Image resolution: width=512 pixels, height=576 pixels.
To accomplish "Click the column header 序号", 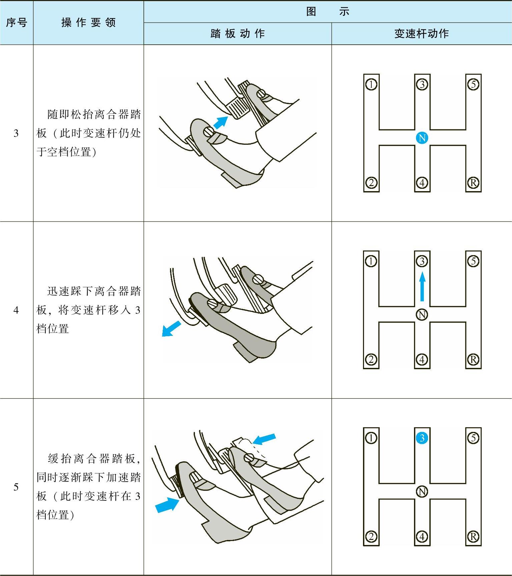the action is click(16, 23).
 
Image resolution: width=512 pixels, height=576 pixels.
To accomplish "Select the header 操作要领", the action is click(88, 23).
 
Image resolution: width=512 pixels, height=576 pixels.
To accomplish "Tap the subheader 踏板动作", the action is click(237, 34).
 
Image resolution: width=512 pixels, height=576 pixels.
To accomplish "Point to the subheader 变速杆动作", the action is click(421, 34).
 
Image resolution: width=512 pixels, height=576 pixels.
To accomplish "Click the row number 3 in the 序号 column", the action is click(16, 134).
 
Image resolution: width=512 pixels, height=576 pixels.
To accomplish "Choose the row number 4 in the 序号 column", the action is click(16, 311).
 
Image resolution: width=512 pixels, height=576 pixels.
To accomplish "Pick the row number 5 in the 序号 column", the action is click(16, 487).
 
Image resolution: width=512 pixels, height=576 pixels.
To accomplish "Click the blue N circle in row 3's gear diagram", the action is click(422, 138).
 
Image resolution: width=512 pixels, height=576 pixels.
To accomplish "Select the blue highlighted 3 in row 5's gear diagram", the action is click(422, 438).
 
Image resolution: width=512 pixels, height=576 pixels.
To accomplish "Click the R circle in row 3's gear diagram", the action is click(473, 183).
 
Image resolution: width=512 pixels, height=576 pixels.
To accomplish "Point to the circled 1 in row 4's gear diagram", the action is click(371, 261).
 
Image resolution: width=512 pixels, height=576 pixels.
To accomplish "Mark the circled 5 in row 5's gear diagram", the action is click(473, 438).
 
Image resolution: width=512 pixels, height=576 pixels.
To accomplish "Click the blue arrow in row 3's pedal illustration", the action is click(220, 122).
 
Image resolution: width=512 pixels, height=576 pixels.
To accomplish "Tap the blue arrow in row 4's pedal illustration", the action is click(171, 329).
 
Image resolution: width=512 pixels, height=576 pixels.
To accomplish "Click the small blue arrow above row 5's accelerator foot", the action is click(264, 439).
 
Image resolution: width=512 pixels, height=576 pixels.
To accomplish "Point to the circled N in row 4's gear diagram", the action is click(422, 315).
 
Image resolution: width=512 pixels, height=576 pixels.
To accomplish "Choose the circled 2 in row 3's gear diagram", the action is click(371, 183).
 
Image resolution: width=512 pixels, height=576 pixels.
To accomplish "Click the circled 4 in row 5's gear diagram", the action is click(422, 536).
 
